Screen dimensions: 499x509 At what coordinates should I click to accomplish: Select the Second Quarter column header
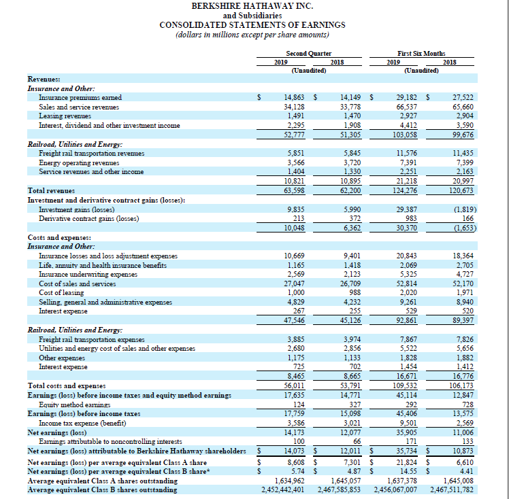[309, 52]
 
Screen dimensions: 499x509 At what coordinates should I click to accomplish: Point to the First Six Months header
[417, 52]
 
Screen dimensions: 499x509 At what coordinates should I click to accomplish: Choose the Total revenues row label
[51, 191]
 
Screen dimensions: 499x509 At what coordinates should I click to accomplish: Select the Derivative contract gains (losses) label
[89, 219]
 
